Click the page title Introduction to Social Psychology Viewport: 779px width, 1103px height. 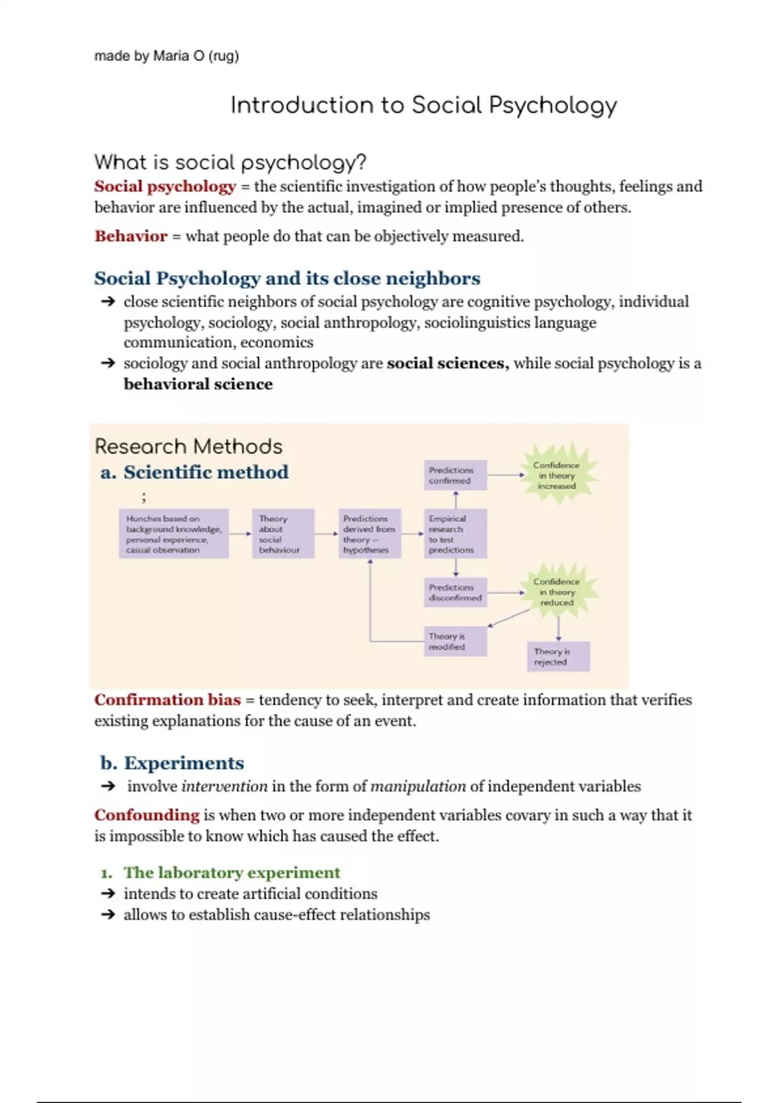pos(423,106)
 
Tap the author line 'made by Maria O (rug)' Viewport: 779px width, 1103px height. pos(166,56)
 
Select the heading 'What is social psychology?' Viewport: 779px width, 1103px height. pos(230,162)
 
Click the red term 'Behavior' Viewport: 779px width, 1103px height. pos(130,236)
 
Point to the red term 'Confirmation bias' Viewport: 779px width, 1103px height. pos(167,700)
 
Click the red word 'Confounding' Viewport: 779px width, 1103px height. pos(147,815)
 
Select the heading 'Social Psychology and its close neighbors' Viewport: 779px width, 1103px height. pos(287,278)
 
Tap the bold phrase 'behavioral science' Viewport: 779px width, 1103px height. pos(198,384)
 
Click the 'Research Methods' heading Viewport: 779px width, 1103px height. pos(188,446)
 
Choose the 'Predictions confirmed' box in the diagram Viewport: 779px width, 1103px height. pos(455,476)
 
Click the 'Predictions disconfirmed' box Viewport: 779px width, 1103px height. pos(455,592)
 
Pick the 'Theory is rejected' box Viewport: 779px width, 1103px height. pos(558,657)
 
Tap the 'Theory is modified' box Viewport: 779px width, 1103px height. pos(455,642)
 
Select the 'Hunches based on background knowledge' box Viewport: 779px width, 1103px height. pos(173,534)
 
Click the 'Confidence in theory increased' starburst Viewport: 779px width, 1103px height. pos(556,476)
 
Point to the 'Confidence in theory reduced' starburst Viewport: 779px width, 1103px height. pos(557,592)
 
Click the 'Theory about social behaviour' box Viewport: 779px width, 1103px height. pos(282,534)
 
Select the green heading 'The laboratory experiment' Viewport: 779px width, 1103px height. pos(232,873)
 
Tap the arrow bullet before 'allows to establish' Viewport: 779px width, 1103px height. pos(108,915)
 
